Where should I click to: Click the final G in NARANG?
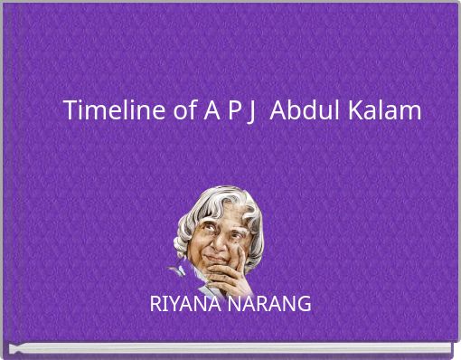304,304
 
